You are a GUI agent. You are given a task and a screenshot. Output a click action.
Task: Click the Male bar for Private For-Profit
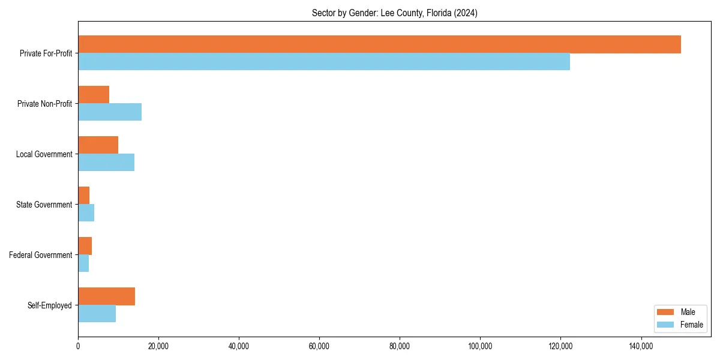379,44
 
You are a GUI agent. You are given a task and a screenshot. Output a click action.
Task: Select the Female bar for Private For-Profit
324,62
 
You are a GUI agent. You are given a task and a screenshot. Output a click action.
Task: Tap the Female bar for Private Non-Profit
110,112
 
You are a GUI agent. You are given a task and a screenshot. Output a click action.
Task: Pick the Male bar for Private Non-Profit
94,95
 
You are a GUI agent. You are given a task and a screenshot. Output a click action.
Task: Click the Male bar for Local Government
98,145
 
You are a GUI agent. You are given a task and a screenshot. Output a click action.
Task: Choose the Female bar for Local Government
106,163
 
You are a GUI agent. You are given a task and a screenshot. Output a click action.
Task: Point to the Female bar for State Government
86,213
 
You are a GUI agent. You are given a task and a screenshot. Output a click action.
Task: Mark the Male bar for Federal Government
85,246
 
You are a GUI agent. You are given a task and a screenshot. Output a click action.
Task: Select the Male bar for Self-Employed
106,296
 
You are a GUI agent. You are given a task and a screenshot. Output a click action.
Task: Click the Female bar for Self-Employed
97,314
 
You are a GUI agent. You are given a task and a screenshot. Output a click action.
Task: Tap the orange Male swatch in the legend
666,312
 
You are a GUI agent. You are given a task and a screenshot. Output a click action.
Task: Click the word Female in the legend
692,325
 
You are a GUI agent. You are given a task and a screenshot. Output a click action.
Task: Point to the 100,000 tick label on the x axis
480,346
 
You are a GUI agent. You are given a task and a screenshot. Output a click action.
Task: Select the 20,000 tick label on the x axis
158,346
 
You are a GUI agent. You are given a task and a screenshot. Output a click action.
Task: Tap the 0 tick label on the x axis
78,346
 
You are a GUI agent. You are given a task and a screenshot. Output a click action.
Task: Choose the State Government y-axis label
44,205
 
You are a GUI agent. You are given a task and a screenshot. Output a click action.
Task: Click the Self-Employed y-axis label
49,305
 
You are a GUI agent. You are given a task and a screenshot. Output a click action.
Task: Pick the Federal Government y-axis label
41,255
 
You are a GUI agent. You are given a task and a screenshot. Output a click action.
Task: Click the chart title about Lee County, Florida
394,13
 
